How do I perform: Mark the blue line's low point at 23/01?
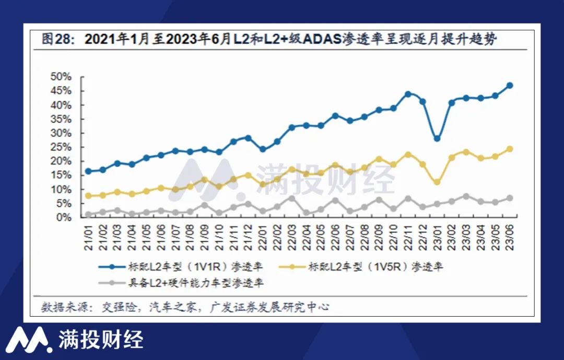tap(437, 138)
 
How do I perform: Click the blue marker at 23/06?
tap(510, 85)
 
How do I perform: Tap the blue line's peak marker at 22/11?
tap(408, 94)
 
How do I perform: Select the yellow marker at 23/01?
tap(437, 182)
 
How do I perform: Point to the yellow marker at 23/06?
tap(510, 149)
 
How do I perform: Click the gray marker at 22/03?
tap(292, 198)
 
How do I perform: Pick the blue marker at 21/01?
tap(88, 171)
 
